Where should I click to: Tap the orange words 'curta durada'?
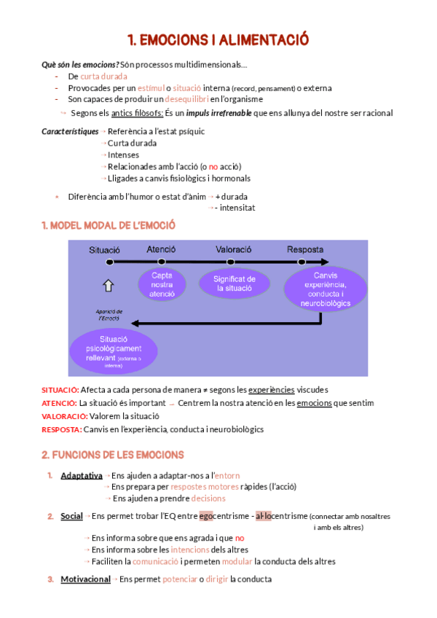tap(103, 76)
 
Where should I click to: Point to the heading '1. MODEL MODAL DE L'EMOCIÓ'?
tap(109, 226)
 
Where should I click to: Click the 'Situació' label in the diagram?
tap(104, 250)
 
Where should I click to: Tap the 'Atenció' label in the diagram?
tap(161, 249)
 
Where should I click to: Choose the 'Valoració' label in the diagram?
tap(234, 249)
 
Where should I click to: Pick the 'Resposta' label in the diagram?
tap(305, 249)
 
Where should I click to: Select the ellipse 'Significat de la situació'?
tap(235, 283)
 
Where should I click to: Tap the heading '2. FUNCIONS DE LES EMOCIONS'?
tap(113, 455)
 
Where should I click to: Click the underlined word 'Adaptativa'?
tap(82, 475)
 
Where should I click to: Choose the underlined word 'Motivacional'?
tap(85, 579)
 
